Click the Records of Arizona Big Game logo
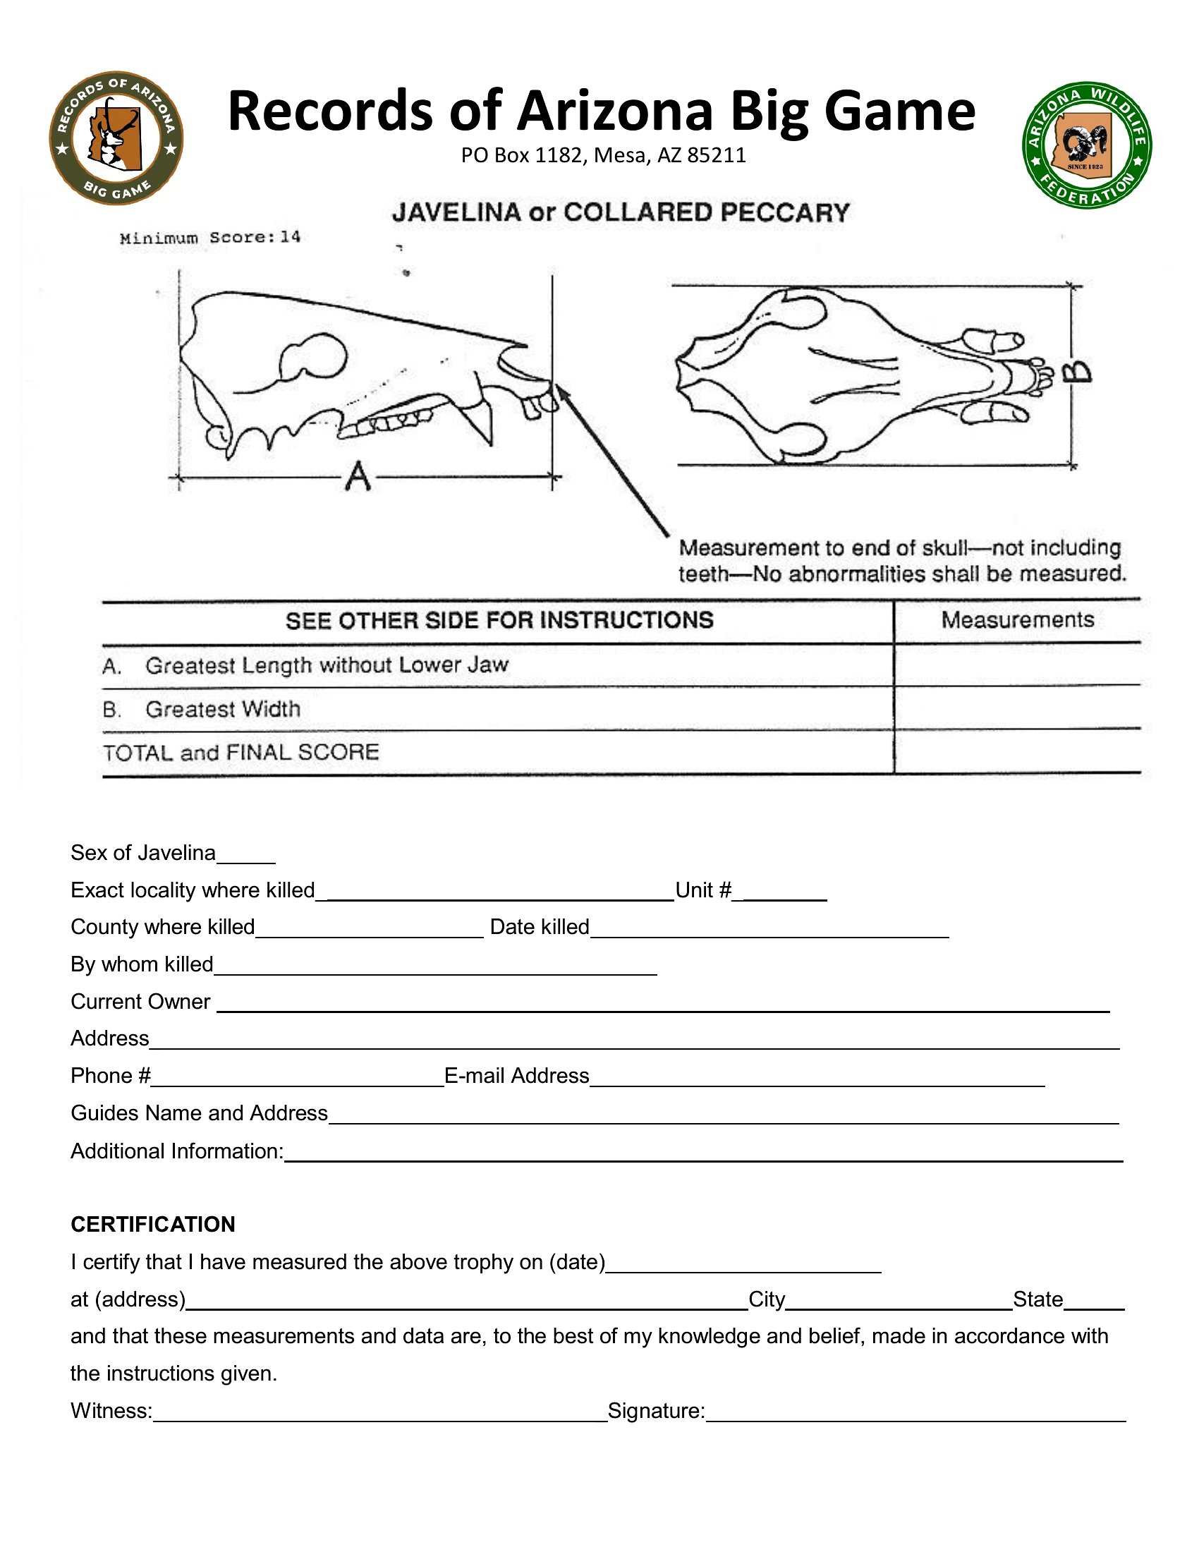coord(116,138)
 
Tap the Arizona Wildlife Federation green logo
coord(1087,145)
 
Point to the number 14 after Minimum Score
coord(290,237)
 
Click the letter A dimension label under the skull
coord(358,477)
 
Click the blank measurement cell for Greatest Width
coord(1017,708)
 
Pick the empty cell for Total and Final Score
coord(1017,752)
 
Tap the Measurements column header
coord(1017,619)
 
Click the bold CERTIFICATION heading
coord(153,1224)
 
